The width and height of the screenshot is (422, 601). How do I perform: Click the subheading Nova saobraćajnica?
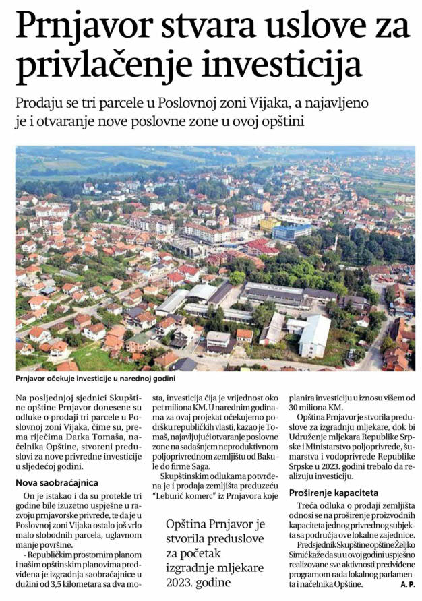tap(57, 482)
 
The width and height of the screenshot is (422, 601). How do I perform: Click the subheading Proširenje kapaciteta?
tap(334, 493)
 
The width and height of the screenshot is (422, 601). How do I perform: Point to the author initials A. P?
tap(406, 583)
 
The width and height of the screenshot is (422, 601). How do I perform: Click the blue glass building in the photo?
tap(292, 231)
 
